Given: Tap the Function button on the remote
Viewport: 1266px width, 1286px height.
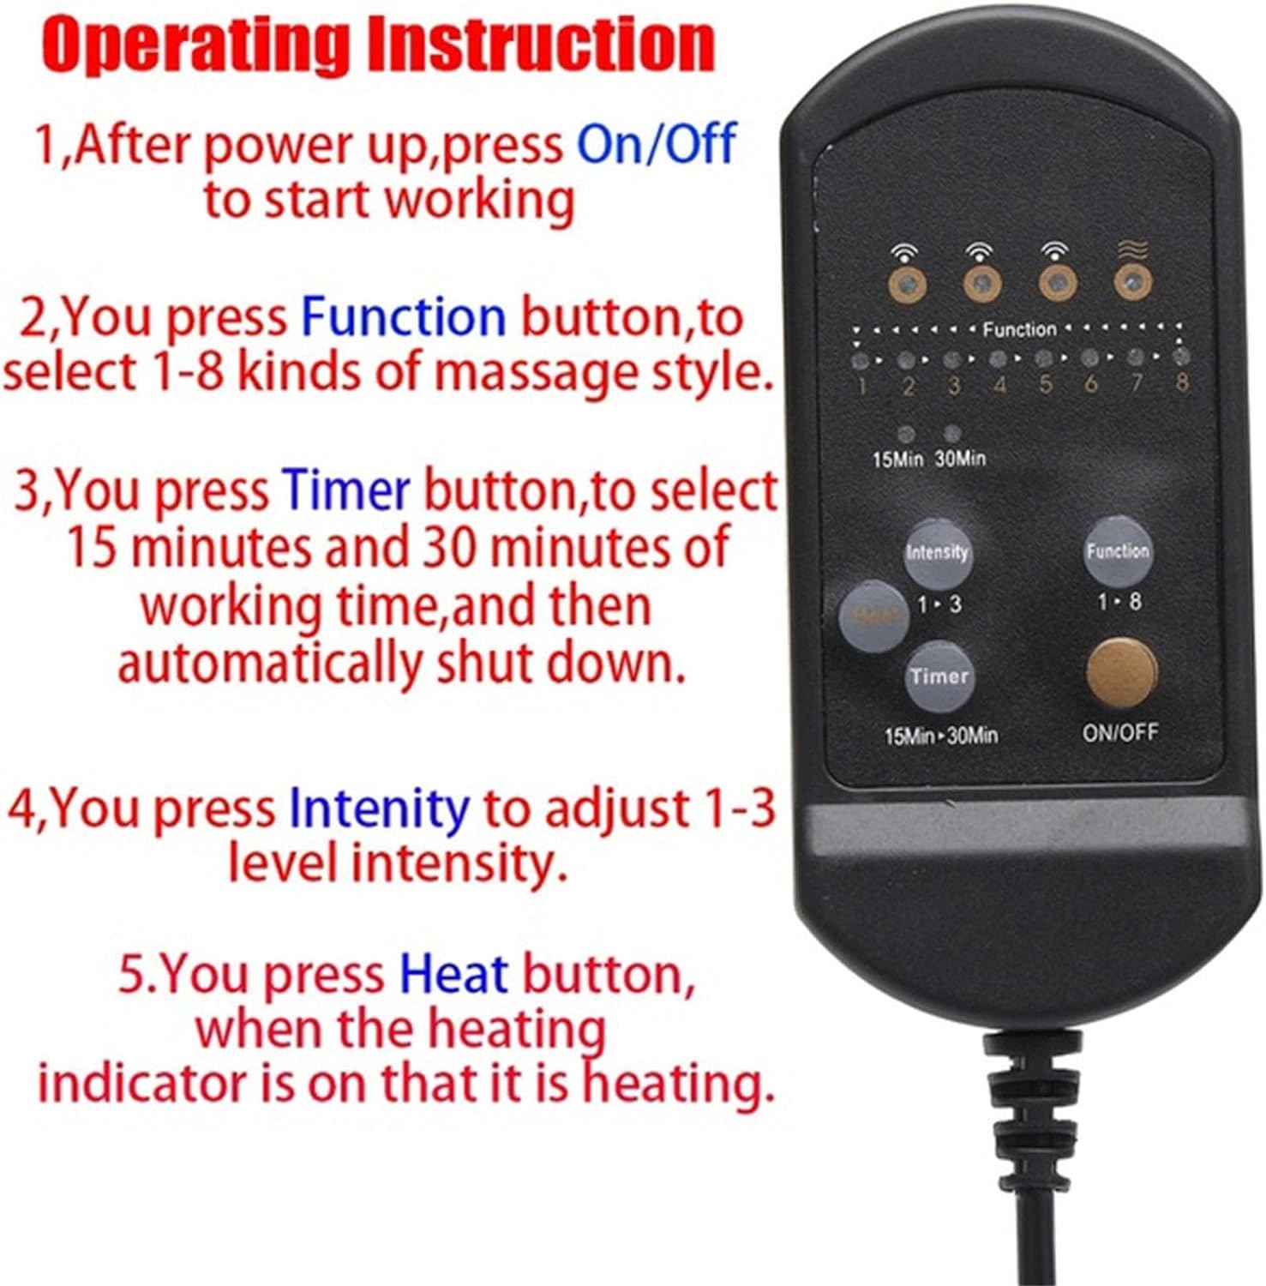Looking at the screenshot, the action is pyautogui.click(x=1117, y=550).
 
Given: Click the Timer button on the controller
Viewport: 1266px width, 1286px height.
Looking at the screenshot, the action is pyautogui.click(x=939, y=676).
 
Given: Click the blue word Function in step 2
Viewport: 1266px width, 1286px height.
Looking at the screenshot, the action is pyautogui.click(x=403, y=316).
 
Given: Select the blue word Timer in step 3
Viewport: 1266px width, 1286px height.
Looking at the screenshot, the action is pyautogui.click(x=346, y=491).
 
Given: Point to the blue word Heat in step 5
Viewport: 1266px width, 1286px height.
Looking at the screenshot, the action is pyautogui.click(x=453, y=975).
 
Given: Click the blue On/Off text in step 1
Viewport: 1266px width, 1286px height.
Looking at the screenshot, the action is pyautogui.click(x=656, y=143).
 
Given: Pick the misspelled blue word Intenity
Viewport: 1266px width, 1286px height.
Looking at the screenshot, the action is pyautogui.click(x=379, y=808).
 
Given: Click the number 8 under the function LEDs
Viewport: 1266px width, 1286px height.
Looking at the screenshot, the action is pyautogui.click(x=1182, y=382).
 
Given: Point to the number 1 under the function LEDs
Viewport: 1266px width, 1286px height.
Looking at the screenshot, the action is pyautogui.click(x=861, y=386).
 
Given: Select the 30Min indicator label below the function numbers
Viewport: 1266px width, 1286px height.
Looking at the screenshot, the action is pyautogui.click(x=960, y=459).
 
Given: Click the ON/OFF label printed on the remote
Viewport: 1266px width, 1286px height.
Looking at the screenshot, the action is pyautogui.click(x=1120, y=732).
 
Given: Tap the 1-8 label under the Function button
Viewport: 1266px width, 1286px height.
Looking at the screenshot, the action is pyautogui.click(x=1119, y=602).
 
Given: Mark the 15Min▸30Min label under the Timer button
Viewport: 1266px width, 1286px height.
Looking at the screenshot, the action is pyautogui.click(x=941, y=736).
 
